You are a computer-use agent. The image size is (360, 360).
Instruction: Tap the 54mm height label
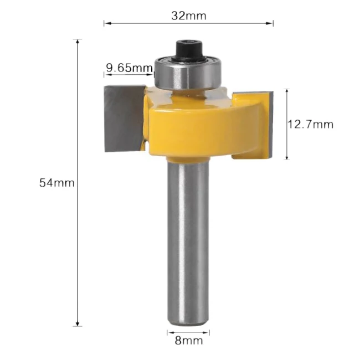pos(56,183)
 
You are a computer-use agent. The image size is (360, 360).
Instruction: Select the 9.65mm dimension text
pos(129,68)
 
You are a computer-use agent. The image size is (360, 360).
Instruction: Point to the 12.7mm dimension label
pos(310,124)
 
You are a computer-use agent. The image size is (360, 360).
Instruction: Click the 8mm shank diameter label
pos(188,341)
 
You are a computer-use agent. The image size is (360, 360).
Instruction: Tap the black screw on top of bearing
pos(188,48)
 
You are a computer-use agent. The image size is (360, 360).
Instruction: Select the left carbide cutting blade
pos(124,119)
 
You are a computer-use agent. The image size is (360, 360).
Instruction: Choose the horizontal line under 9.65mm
pos(129,75)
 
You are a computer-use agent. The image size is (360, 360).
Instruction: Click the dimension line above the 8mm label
pos(188,333)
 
